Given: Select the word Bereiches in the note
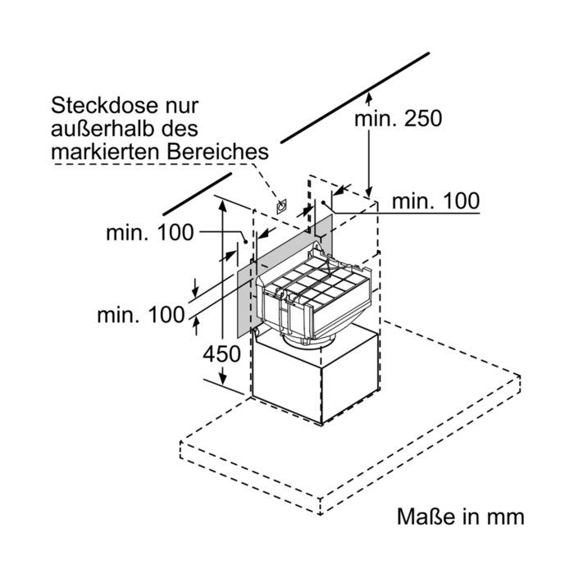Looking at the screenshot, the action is tap(217, 152).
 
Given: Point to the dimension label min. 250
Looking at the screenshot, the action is tap(399, 118).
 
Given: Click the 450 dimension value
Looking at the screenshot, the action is tap(221, 354).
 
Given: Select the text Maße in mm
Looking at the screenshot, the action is tap(461, 517).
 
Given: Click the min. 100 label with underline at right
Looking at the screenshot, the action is tap(435, 201).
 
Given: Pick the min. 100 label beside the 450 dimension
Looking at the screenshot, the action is tap(141, 314).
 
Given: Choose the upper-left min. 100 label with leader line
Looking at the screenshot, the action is tap(150, 232).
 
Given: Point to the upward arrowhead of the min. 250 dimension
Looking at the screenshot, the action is tap(369, 98).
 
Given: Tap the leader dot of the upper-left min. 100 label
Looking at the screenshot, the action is tap(246, 242).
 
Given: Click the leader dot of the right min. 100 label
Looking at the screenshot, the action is tap(323, 203).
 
